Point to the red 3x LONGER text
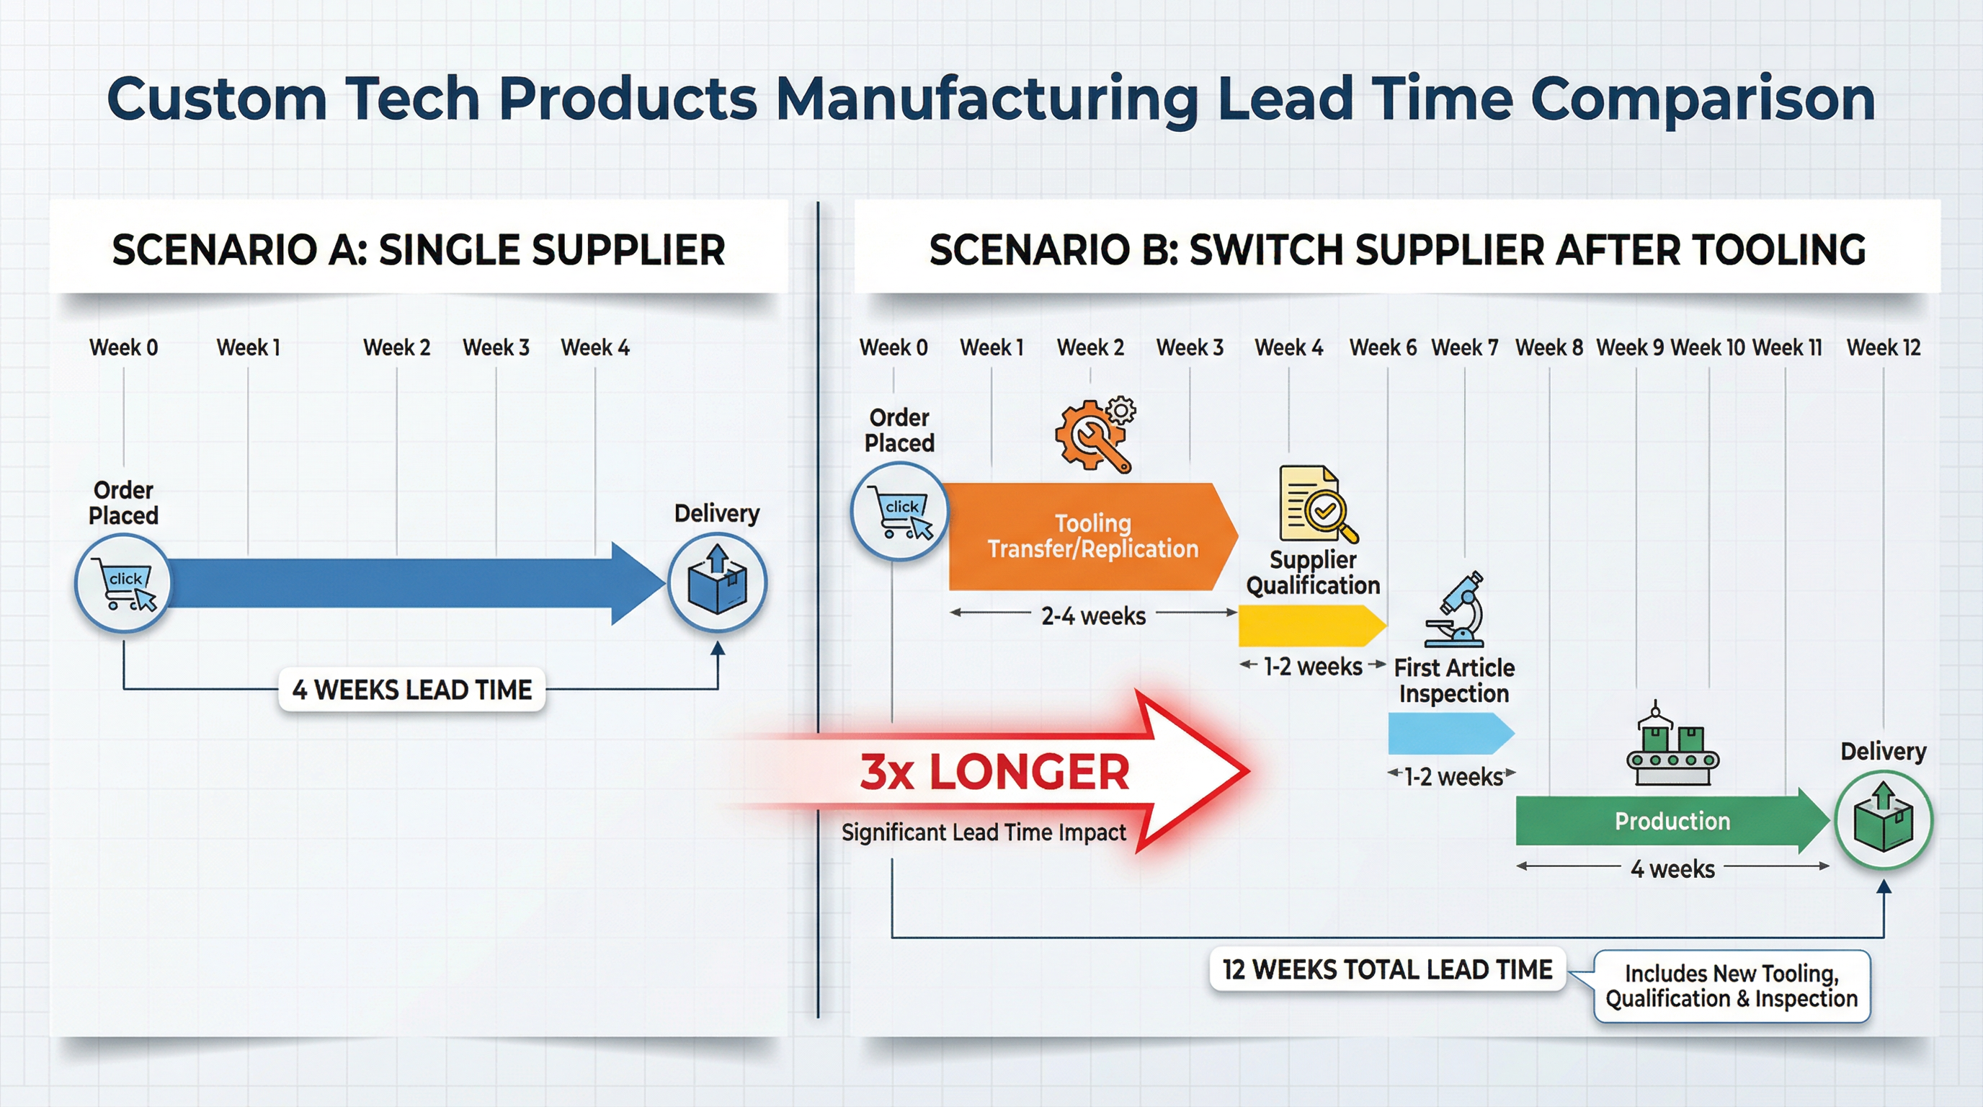[994, 772]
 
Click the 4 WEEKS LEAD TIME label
[412, 690]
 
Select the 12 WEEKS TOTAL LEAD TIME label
[1387, 969]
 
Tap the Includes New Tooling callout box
[1732, 986]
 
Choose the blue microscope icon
[1457, 610]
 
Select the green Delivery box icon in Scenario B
[1883, 820]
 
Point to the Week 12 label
[1883, 348]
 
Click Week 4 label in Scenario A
[595, 348]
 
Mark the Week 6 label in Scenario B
[1383, 348]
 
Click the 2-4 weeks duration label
[1093, 616]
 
